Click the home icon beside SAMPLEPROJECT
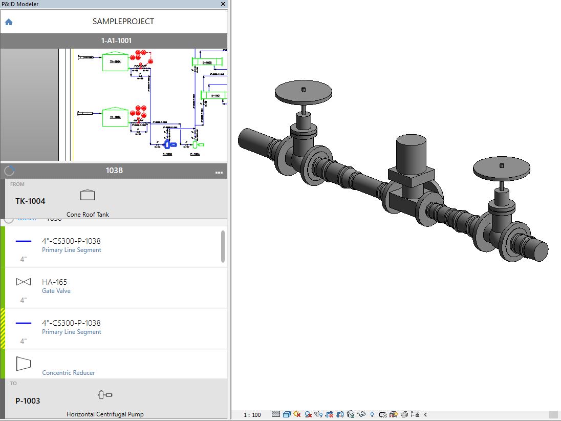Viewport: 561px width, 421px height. [x=9, y=22]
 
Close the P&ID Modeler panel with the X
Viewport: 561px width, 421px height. [x=223, y=4]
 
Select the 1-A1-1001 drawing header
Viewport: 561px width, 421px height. [x=114, y=40]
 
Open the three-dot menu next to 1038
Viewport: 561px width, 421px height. [x=219, y=172]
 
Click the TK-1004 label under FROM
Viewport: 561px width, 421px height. [x=30, y=201]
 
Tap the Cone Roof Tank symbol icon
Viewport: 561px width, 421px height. [x=88, y=195]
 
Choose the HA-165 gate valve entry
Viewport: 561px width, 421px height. [x=55, y=282]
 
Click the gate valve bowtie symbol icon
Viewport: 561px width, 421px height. [x=24, y=282]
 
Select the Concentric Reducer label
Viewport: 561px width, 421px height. [x=69, y=373]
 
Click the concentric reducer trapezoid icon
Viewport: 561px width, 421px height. [x=24, y=364]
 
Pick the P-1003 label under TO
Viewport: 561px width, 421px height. [x=28, y=401]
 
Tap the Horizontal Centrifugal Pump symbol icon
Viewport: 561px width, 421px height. [x=105, y=395]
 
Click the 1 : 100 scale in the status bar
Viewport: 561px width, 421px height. [x=252, y=415]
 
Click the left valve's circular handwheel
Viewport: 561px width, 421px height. [x=303, y=92]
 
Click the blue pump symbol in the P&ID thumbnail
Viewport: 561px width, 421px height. [x=168, y=145]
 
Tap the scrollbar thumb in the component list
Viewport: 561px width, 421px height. [x=223, y=246]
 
